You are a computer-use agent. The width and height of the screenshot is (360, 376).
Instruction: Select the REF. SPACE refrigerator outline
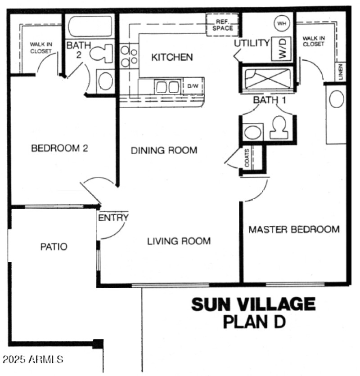click(x=223, y=25)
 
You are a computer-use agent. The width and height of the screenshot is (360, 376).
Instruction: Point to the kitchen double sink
click(x=167, y=86)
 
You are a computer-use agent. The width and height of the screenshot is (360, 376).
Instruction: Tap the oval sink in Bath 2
click(x=106, y=81)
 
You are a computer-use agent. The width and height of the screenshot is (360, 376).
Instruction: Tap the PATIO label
click(x=54, y=246)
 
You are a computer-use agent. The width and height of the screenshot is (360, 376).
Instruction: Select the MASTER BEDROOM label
click(x=294, y=229)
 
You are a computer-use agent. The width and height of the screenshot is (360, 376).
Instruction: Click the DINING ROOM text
click(x=164, y=150)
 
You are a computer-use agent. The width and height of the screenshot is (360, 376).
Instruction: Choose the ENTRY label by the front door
click(x=113, y=218)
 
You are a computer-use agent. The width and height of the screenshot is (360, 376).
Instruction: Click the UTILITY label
click(x=252, y=43)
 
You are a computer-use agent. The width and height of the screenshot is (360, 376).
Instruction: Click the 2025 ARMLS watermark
click(x=32, y=360)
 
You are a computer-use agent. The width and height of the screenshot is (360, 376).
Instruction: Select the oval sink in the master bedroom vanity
click(x=337, y=99)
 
